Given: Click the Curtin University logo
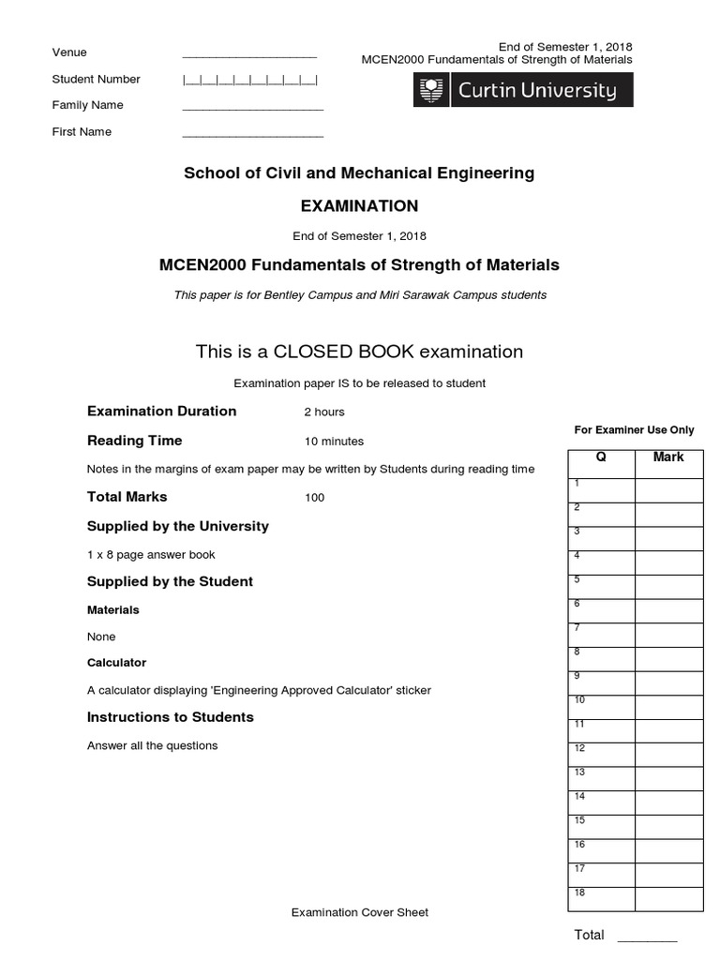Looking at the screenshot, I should [x=523, y=91].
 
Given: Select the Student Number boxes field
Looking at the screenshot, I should [x=249, y=80].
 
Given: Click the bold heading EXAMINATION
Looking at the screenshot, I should [x=358, y=206].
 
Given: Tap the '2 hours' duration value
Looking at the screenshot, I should [x=324, y=412].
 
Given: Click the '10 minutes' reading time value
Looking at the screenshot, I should [x=334, y=441].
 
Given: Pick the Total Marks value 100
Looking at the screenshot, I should [x=315, y=498].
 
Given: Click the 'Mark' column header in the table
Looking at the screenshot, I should [x=668, y=457].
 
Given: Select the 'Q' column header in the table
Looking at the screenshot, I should [x=601, y=457].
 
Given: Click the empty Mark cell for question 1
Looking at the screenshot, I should [x=668, y=490].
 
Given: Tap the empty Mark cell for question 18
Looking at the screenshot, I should [x=668, y=899].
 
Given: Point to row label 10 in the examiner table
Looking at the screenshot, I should [x=579, y=699].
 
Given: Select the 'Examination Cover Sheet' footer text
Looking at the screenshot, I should [x=360, y=912].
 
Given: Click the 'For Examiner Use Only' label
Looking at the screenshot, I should [x=634, y=430].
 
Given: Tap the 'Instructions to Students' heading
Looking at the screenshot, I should [x=171, y=717].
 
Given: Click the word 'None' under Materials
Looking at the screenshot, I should [x=101, y=637].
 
